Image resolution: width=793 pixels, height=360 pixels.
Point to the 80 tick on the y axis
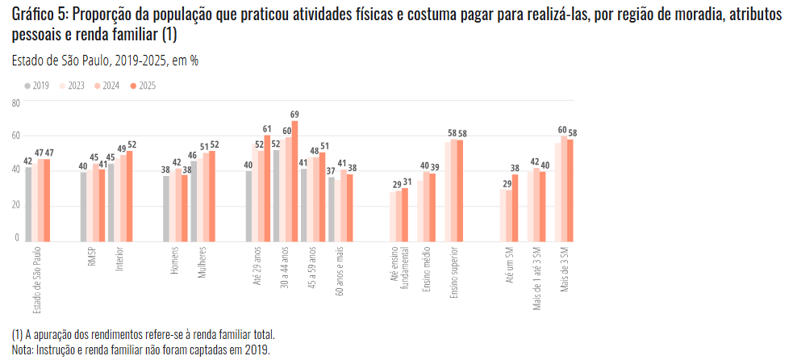click(x=16, y=103)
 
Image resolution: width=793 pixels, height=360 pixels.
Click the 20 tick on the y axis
click(x=16, y=204)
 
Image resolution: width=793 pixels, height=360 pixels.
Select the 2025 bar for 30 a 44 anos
click(x=295, y=180)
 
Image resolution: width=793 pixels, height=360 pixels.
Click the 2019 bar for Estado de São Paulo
click(x=28, y=204)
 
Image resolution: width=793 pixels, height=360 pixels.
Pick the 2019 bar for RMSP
click(x=83, y=207)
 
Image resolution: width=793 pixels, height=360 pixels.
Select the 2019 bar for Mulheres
click(x=194, y=202)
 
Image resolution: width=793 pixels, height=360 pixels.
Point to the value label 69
click(x=295, y=114)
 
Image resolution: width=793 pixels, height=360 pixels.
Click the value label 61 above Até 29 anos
click(x=268, y=128)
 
